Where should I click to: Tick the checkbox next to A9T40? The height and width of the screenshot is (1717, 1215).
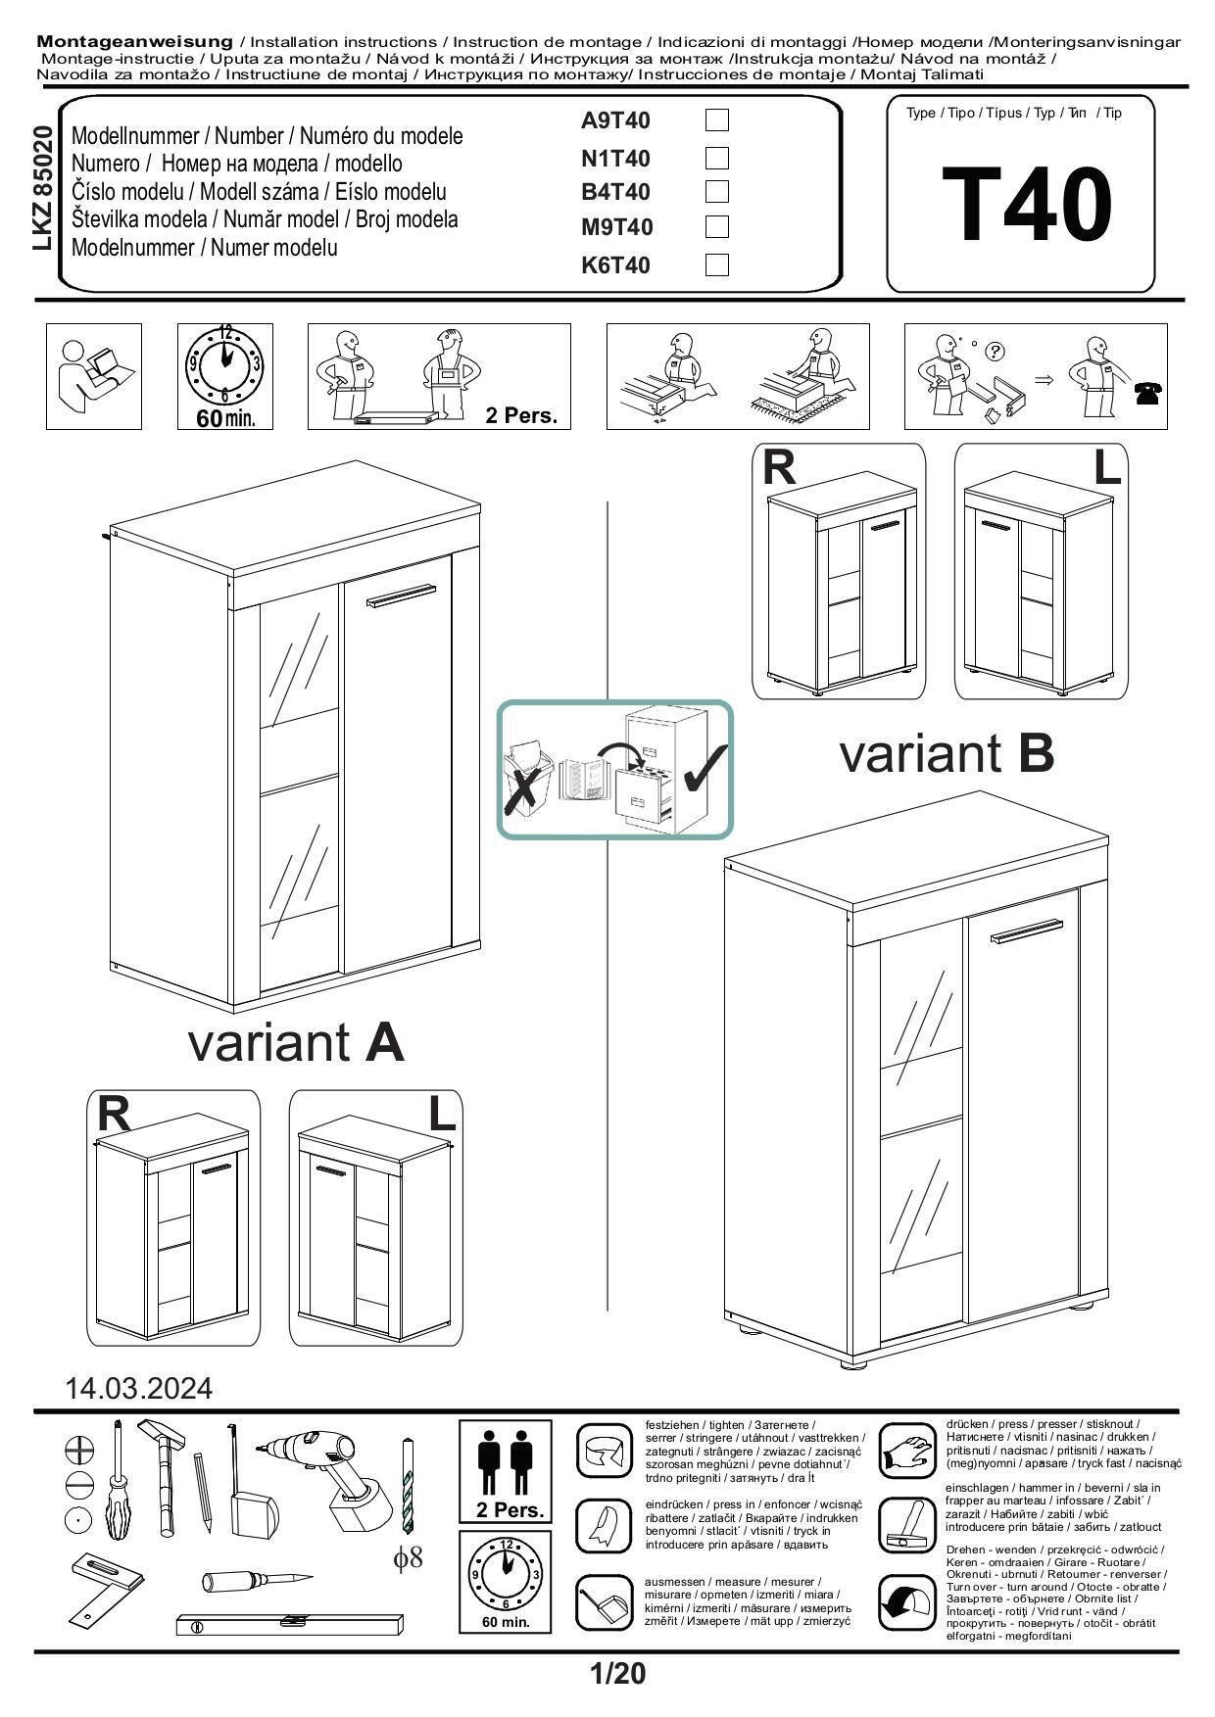click(x=717, y=120)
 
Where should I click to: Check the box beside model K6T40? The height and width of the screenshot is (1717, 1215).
click(x=717, y=265)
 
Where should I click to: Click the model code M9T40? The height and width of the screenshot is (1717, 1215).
click(x=616, y=227)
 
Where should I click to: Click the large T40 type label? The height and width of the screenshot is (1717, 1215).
click(x=1026, y=206)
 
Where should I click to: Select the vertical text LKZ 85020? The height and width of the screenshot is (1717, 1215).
click(x=42, y=189)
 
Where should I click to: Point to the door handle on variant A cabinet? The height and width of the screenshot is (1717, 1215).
click(x=400, y=596)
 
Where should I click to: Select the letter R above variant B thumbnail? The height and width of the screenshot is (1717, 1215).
click(x=779, y=469)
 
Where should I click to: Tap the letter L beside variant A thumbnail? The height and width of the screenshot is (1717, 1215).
click(x=442, y=1114)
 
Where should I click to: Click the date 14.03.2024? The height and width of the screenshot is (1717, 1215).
click(x=138, y=1388)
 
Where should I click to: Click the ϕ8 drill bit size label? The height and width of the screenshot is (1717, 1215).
click(x=409, y=1556)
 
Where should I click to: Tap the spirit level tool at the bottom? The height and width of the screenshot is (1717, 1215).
click(x=290, y=1624)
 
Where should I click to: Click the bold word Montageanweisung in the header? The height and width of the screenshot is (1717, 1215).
click(x=134, y=41)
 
